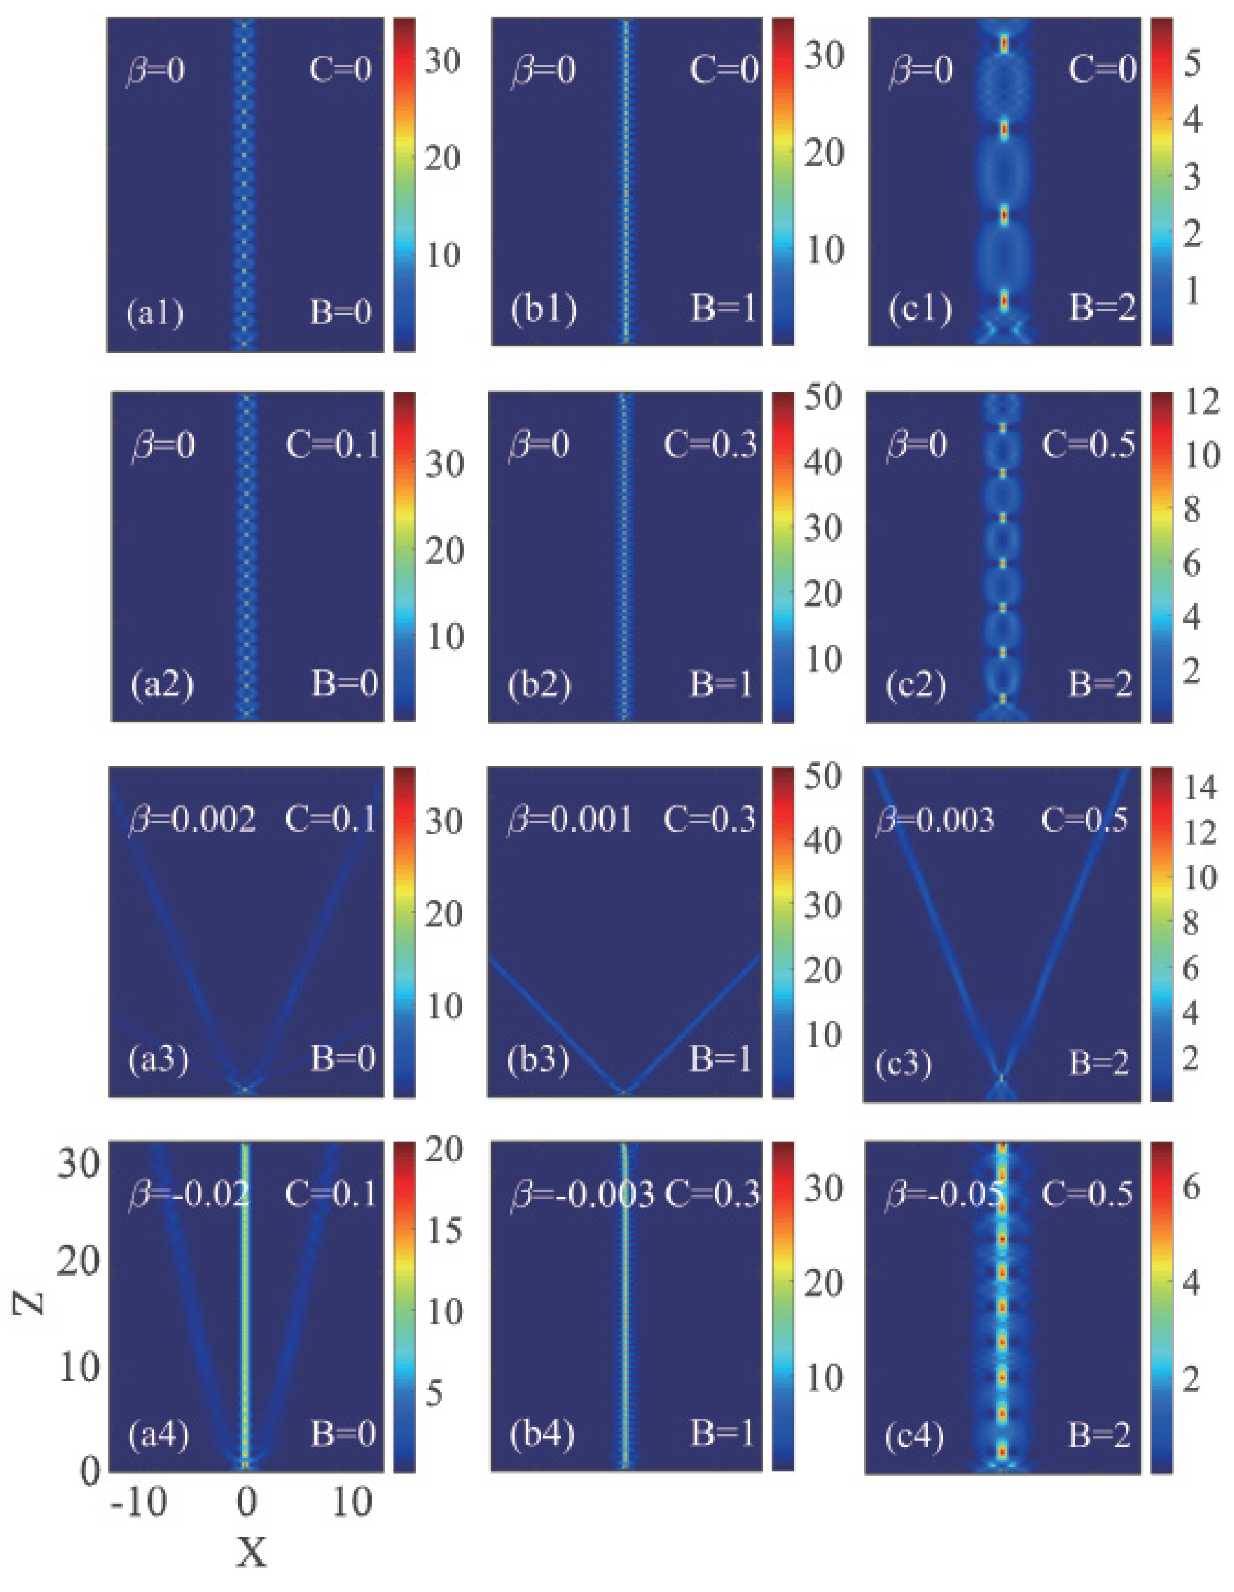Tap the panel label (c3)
click(904, 1065)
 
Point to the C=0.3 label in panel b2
click(710, 444)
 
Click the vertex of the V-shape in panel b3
click(624, 1091)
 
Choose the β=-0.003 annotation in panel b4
click(582, 1196)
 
